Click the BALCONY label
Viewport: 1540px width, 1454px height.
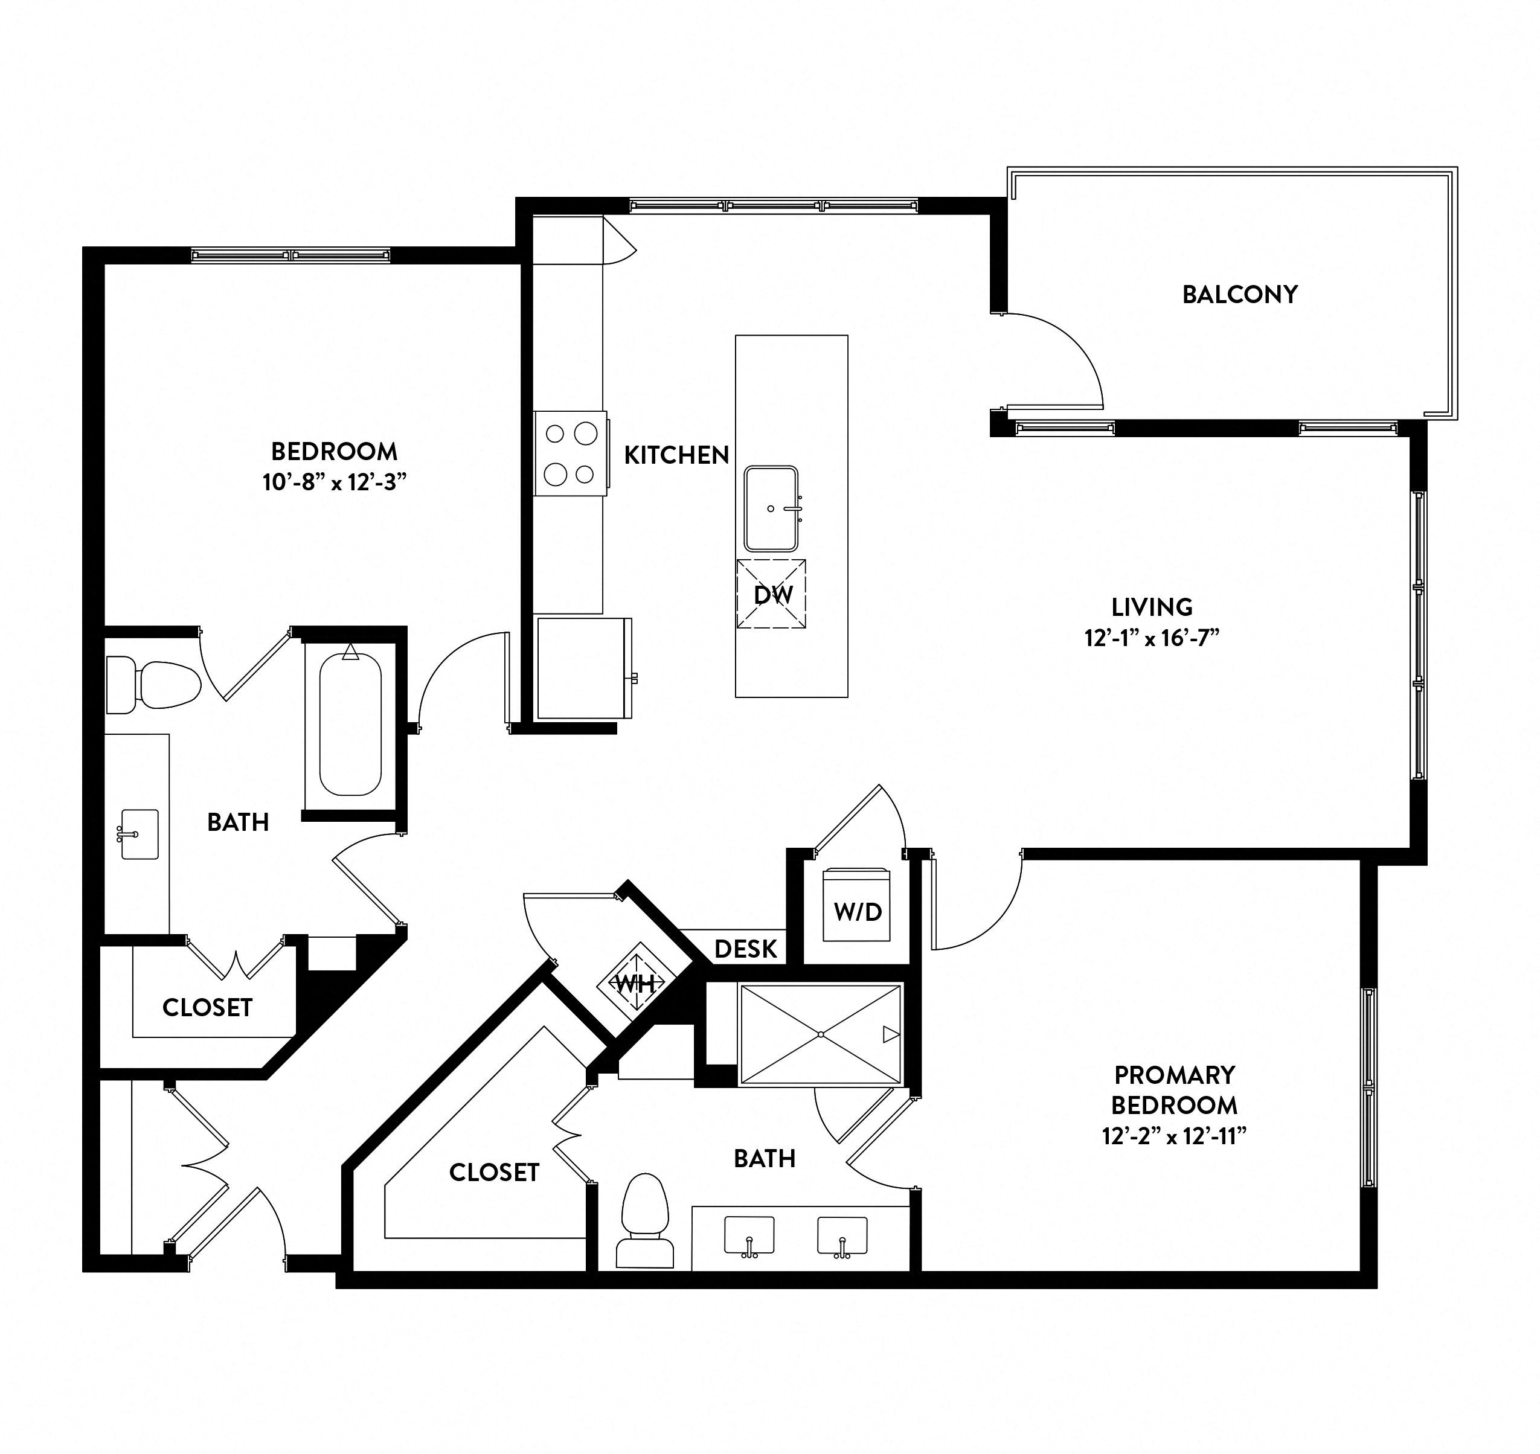[1239, 295]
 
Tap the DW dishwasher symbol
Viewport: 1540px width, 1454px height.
[771, 594]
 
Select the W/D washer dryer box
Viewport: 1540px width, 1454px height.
[857, 905]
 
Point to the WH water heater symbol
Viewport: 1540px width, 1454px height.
[635, 984]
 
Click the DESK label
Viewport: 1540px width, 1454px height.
[746, 949]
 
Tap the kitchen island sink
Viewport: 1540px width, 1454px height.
[771, 508]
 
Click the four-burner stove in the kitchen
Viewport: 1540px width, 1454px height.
[571, 453]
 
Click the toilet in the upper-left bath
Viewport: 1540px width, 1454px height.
[153, 684]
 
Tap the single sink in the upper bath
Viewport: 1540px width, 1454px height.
[140, 834]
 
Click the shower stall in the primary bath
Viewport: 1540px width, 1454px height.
[821, 1034]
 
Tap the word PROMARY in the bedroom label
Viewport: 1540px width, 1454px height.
[1174, 1075]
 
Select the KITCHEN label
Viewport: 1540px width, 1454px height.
[676, 455]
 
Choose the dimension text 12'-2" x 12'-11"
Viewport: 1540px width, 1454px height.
[1174, 1136]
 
